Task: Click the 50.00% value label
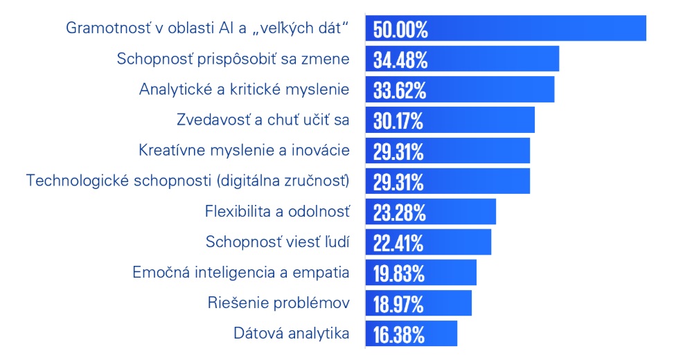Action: tap(400, 29)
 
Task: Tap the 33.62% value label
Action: tap(400, 90)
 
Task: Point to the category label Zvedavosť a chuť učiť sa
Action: tap(263, 120)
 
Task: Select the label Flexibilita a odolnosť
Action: tap(277, 211)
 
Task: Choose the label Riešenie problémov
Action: tap(278, 303)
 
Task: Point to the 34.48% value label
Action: tap(400, 60)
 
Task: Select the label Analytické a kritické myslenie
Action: tap(244, 90)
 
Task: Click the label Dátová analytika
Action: tap(291, 333)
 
